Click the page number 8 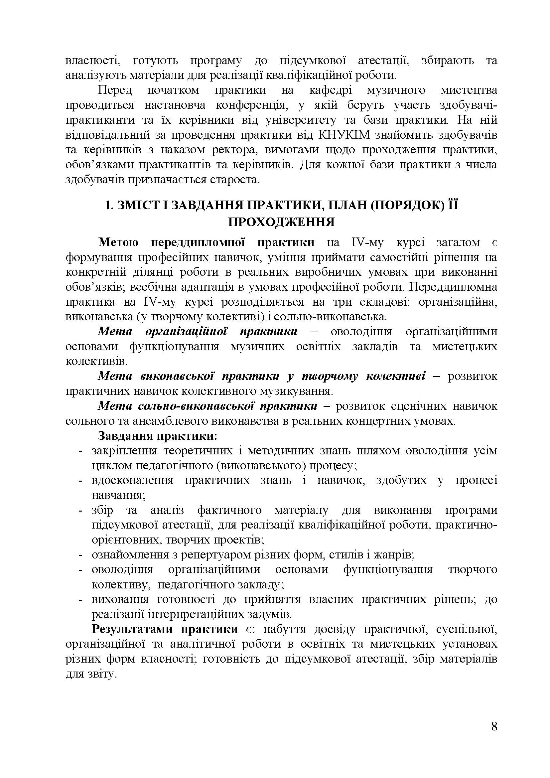point(494,736)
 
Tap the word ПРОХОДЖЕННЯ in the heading point(281,222)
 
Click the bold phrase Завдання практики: point(158,436)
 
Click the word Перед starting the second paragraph point(115,90)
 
